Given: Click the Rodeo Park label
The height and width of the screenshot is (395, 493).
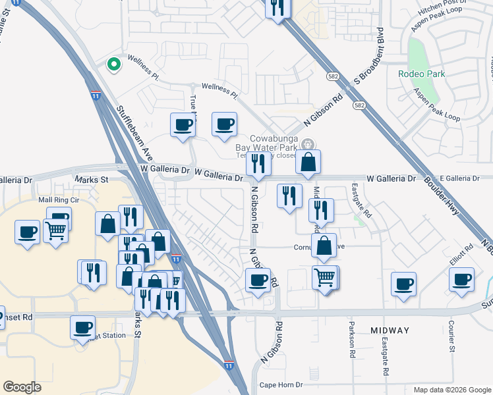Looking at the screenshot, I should coord(421,74).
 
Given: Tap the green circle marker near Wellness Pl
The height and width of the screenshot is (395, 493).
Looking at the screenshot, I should coord(113,65).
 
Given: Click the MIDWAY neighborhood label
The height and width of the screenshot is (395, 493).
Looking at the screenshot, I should coord(390,330).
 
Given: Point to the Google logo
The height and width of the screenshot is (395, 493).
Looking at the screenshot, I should coord(22,387).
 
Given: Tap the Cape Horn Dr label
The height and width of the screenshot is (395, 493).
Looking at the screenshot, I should coord(281,385).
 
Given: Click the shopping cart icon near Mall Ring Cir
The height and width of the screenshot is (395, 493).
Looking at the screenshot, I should coord(56,230).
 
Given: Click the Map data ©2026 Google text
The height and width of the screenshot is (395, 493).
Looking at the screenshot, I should coord(451,390).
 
